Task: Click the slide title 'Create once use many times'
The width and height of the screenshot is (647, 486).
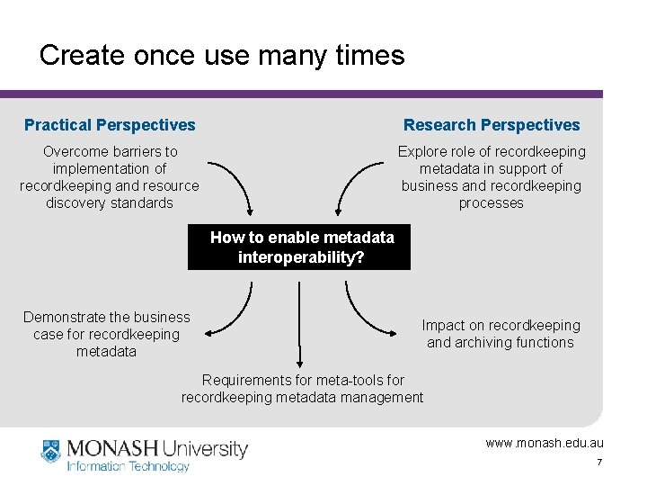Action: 222,56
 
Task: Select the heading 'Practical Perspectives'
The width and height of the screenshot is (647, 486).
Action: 110,125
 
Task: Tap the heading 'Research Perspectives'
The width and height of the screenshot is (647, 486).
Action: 492,125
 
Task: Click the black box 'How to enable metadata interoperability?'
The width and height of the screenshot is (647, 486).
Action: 299,247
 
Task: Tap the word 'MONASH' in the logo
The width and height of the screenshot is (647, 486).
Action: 110,448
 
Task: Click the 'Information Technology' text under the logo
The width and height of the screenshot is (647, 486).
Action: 129,466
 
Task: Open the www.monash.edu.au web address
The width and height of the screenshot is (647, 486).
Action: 545,443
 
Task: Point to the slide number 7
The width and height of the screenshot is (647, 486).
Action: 598,463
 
